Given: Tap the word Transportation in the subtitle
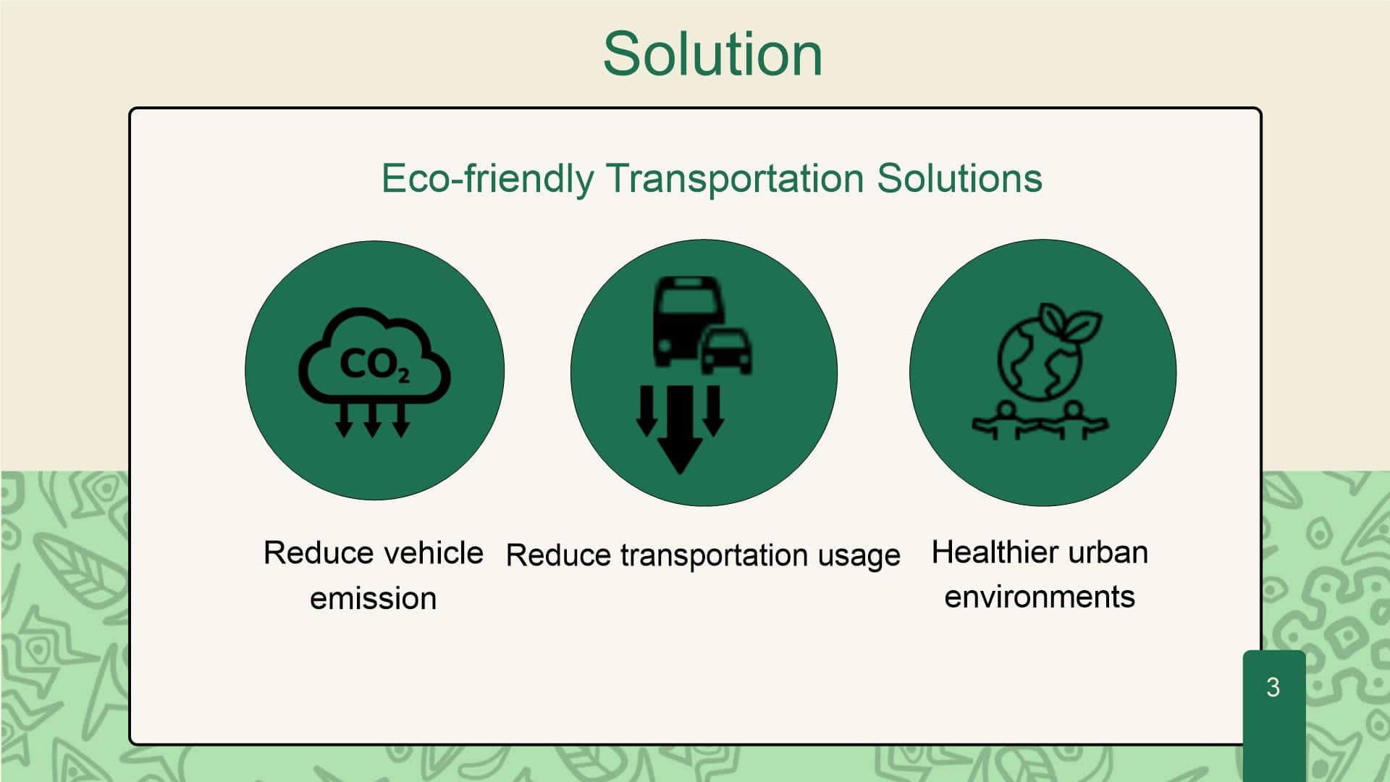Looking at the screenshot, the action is pos(735,178).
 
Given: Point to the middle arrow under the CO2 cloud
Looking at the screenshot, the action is pos(373,420).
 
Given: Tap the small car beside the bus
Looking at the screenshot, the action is pos(727,350).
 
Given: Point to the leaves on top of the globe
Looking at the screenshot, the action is pos(1069,321).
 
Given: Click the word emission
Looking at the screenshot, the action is pos(374,599).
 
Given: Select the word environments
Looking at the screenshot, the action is pos(1040,597).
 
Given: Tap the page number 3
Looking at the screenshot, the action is pos(1273,687).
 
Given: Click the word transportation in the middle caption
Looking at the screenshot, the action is pos(714,556).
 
